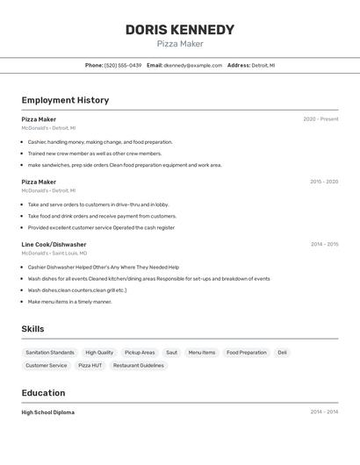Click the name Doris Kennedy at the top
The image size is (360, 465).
[180, 29]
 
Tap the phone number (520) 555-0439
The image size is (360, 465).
[122, 65]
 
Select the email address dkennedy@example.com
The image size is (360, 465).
[192, 65]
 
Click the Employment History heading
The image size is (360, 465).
[65, 100]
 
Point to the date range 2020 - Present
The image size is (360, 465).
[320, 119]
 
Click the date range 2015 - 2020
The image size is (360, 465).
[324, 182]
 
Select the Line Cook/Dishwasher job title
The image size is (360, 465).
[54, 245]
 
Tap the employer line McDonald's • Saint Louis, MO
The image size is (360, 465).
[54, 254]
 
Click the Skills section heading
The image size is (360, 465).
[32, 329]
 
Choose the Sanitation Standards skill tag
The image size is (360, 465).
[50, 353]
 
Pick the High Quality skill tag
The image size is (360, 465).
[99, 353]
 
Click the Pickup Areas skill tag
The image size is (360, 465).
[140, 353]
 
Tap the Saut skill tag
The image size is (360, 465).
[171, 353]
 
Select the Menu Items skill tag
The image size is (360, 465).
[202, 353]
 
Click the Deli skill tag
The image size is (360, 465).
[282, 353]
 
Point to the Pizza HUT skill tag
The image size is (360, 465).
[90, 366]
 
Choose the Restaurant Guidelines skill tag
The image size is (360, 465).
[139, 366]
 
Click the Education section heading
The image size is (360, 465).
[43, 393]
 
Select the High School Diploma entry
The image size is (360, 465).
[48, 412]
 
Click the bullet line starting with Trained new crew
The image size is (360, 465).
[95, 154]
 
